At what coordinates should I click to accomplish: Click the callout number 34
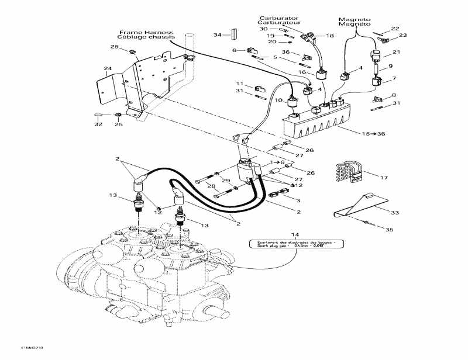click(x=217, y=35)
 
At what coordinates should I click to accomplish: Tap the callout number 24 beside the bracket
click(x=107, y=69)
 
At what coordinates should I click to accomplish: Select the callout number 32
click(x=98, y=124)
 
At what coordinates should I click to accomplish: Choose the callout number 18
click(x=329, y=36)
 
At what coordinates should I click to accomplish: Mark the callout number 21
click(x=396, y=53)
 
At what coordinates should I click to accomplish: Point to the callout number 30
click(x=263, y=29)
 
